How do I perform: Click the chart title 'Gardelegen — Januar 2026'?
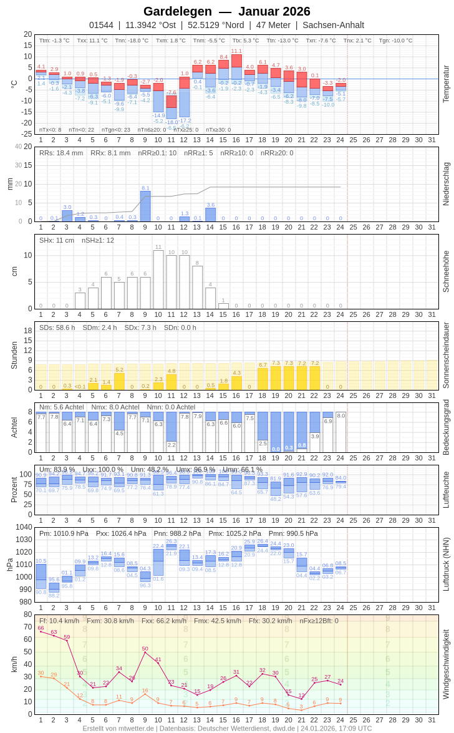pyautogui.click(x=226, y=11)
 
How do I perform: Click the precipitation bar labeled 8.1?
pyautogui.click(x=145, y=206)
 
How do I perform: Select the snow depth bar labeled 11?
pyautogui.click(x=158, y=279)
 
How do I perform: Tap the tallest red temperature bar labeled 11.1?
pyautogui.click(x=236, y=61)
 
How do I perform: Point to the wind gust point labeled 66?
pyautogui.click(x=41, y=632)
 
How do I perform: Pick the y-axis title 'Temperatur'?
pyautogui.click(x=446, y=84)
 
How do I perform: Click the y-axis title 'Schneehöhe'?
pyautogui.click(x=446, y=271)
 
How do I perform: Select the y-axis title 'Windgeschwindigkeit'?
pyautogui.click(x=446, y=664)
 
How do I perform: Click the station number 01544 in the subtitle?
pyautogui.click(x=101, y=25)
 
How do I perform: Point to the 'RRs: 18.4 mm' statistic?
pyautogui.click(x=61, y=153)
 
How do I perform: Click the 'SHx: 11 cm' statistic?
pyautogui.click(x=57, y=240)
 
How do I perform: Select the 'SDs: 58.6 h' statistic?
pyautogui.click(x=57, y=328)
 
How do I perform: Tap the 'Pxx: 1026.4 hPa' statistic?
pyautogui.click(x=121, y=533)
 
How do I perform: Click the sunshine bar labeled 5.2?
pyautogui.click(x=119, y=381)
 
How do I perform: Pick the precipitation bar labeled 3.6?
pyautogui.click(x=211, y=215)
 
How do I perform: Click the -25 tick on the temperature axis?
pyautogui.click(x=27, y=134)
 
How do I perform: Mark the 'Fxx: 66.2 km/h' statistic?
pyautogui.click(x=164, y=621)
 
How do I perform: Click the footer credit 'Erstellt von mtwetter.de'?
pyautogui.click(x=118, y=728)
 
